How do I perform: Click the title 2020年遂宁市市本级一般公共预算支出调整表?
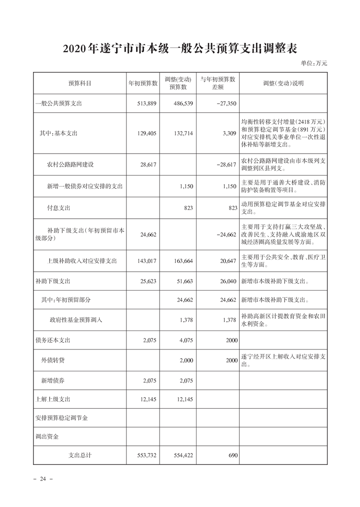[x=180, y=49]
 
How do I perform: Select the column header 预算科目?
[x=80, y=83]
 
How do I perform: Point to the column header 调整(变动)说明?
[x=283, y=83]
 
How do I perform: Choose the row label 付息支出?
[x=58, y=208]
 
